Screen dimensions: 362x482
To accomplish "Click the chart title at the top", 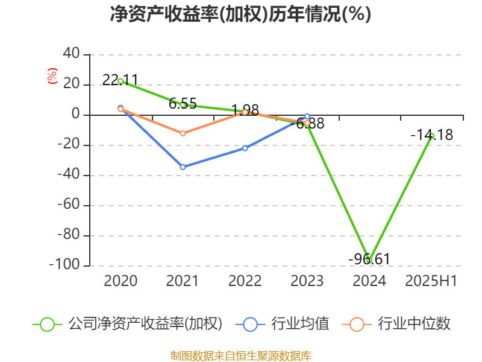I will (241, 14).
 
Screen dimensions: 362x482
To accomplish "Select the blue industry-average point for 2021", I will (183, 167).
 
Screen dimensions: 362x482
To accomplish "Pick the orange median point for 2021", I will (183, 133).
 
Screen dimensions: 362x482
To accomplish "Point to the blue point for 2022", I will (245, 148).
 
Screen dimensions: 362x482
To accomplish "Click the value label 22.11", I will (120, 80).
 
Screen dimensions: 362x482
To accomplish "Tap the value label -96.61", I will (369, 259).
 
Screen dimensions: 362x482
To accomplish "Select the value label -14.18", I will (431, 135).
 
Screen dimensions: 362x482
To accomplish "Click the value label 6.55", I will (183, 104).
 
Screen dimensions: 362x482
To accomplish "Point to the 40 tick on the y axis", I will (72, 54).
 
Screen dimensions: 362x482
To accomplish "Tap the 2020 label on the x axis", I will (120, 281).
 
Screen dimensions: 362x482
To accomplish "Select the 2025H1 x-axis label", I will (431, 281).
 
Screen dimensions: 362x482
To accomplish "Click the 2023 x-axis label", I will (307, 281).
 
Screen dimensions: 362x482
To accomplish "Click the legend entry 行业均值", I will (300, 324).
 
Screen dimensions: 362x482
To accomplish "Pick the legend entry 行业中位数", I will (413, 324).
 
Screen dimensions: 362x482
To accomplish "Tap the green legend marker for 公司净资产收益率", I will (48, 324).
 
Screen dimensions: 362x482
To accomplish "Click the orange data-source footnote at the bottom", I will (241, 355).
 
